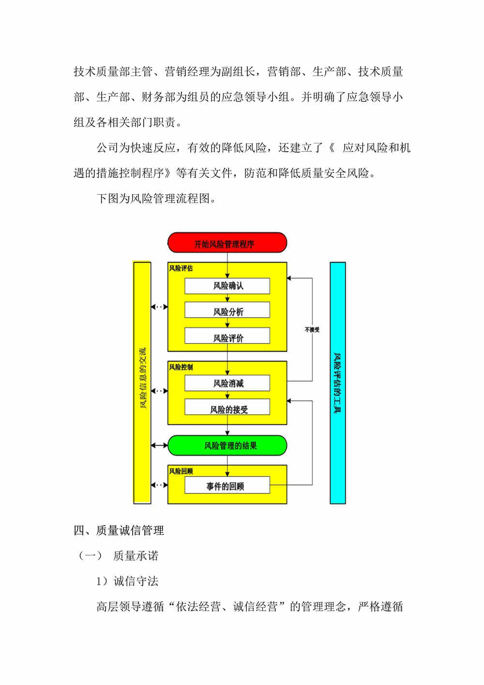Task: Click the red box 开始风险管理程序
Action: (x=227, y=243)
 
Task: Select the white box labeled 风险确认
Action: (x=227, y=286)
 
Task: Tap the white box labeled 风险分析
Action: (x=227, y=310)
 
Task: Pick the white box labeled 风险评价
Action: (x=227, y=335)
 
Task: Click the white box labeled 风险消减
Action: (x=227, y=383)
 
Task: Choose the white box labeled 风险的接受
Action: (x=227, y=407)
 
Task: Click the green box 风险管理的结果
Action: (x=227, y=446)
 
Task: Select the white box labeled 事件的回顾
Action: (x=227, y=485)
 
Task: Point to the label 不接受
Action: (x=312, y=329)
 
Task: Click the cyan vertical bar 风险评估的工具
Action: (x=338, y=383)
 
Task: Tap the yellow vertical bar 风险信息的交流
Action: (x=142, y=382)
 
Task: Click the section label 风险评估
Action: (x=181, y=268)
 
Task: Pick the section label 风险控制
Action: (x=181, y=367)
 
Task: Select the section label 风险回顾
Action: (x=181, y=471)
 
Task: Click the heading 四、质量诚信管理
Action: (x=119, y=530)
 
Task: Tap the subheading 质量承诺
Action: (x=136, y=556)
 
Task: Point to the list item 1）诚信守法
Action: (x=127, y=581)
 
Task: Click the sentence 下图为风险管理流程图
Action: (x=156, y=199)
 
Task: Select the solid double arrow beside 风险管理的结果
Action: (x=160, y=446)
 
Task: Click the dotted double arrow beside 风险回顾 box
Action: (x=160, y=485)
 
